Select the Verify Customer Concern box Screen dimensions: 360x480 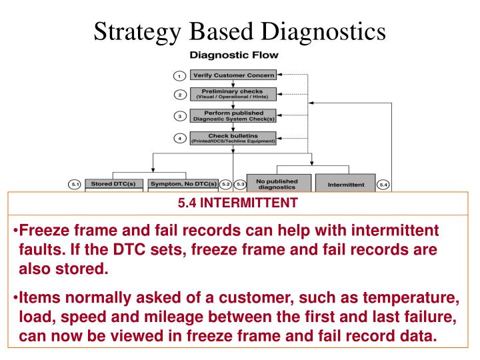[233, 75]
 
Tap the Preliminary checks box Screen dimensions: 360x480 [233, 94]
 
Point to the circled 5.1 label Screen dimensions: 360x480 [75, 183]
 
